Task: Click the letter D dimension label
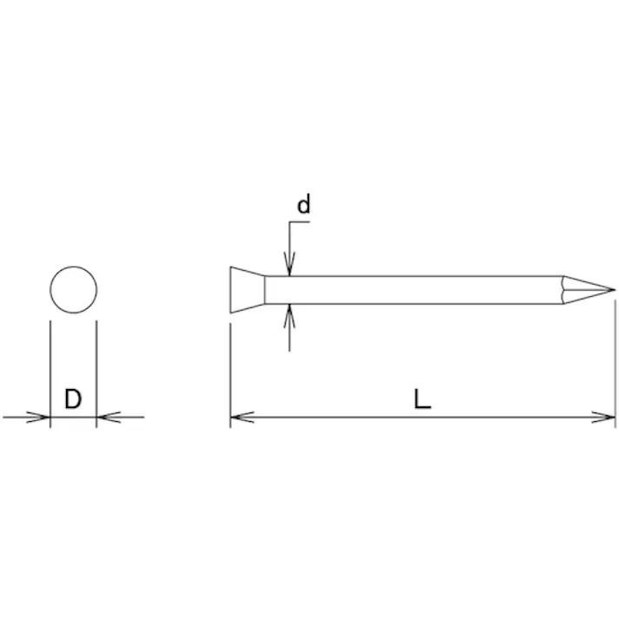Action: coord(73,398)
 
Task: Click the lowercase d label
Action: coord(304,204)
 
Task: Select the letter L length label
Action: coord(422,398)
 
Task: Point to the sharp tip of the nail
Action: coord(615,290)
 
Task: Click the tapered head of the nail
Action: coord(247,290)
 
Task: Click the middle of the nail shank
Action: coord(414,290)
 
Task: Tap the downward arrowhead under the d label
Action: coord(289,264)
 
